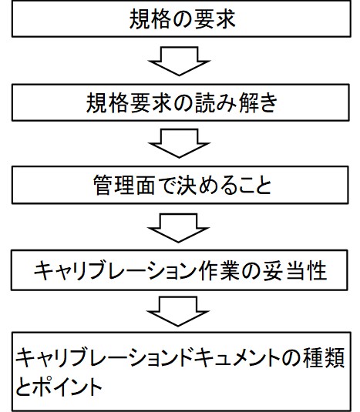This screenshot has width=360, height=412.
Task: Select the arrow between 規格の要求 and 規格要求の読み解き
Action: pos(180,61)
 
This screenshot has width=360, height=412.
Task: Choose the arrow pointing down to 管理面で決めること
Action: pos(180,143)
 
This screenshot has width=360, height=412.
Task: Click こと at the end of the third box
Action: pos(251,185)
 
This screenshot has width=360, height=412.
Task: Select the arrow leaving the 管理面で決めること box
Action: pos(179,228)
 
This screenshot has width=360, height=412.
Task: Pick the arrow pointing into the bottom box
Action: pos(178,312)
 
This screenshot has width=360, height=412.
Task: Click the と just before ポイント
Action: pos(24,387)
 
